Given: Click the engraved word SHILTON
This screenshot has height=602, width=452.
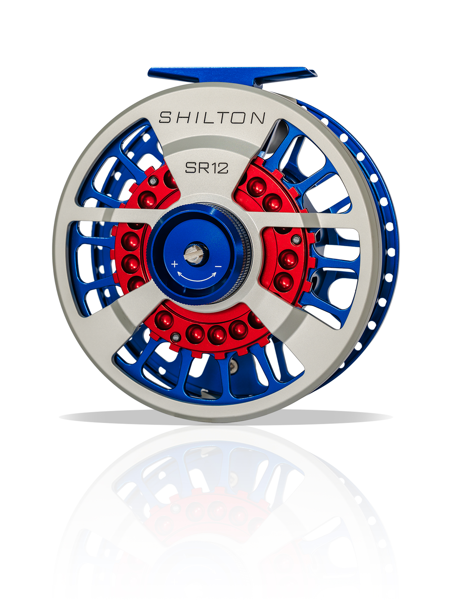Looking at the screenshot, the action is point(212,118).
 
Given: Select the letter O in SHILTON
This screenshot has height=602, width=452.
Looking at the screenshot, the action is point(240,118).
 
